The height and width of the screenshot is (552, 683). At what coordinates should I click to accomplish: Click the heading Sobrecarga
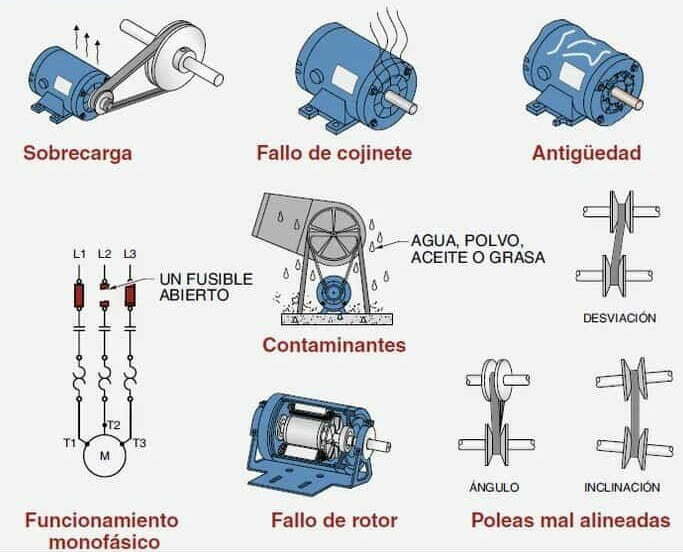78,153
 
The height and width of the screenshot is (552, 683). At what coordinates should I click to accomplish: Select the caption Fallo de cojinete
334,153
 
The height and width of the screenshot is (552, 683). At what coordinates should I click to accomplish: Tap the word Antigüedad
586,153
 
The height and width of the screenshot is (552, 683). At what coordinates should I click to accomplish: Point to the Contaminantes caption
334,345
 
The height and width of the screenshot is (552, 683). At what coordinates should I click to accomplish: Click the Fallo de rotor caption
334,520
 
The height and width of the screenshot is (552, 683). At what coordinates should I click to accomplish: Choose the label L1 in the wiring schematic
79,254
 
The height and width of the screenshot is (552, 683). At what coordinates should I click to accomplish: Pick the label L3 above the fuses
130,254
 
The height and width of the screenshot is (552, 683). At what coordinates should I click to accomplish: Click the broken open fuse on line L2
104,295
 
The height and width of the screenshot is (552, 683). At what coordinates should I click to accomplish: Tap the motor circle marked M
105,456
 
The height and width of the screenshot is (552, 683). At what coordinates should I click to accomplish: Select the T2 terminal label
113,425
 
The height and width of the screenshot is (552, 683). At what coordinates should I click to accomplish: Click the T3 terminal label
139,444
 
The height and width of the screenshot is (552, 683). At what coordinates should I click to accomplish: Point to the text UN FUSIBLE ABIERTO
206,287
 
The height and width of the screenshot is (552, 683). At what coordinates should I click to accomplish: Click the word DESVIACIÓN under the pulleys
619,318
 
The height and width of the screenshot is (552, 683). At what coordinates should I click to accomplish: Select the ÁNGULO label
494,487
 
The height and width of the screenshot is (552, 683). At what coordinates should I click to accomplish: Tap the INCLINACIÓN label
622,487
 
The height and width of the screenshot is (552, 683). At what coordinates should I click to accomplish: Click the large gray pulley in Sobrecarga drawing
176,58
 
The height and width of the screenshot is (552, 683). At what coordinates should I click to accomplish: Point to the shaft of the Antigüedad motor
627,99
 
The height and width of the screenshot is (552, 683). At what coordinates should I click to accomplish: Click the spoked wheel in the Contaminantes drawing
334,234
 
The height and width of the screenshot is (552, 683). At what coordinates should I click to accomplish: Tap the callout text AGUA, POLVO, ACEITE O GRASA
478,248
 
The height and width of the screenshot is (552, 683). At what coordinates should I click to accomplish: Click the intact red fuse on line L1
79,296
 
